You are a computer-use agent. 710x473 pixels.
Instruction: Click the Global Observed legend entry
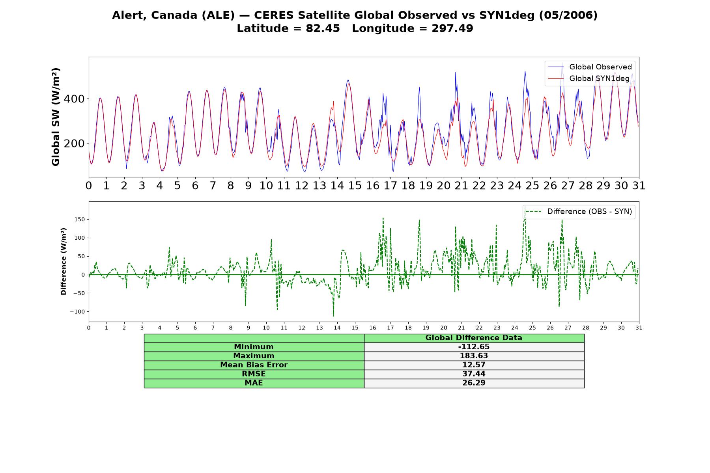point(590,67)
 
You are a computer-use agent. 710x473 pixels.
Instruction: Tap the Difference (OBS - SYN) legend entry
point(579,212)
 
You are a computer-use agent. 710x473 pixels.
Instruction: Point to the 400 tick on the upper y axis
point(74,99)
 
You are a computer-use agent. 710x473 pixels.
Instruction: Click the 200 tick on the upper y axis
point(74,143)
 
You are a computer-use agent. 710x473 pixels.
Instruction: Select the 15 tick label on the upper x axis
point(355,186)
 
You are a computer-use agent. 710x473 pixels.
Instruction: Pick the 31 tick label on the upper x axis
point(639,186)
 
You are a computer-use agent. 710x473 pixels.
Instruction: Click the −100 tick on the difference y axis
point(77,312)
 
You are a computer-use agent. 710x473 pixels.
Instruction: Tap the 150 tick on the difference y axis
point(80,220)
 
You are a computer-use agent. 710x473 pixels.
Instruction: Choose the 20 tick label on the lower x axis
point(444,328)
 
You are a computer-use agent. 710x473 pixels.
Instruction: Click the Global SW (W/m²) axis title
point(56,117)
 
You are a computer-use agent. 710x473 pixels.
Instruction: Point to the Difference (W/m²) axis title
point(64,261)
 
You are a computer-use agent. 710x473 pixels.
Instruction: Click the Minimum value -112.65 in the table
point(474,347)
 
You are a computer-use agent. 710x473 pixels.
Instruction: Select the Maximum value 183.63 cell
point(474,356)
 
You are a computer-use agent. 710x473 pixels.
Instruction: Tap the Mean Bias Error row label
point(254,365)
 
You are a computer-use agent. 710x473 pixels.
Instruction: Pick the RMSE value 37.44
point(474,374)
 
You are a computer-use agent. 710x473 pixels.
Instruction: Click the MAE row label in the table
point(254,383)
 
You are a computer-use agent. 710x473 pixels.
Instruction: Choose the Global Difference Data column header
point(474,338)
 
